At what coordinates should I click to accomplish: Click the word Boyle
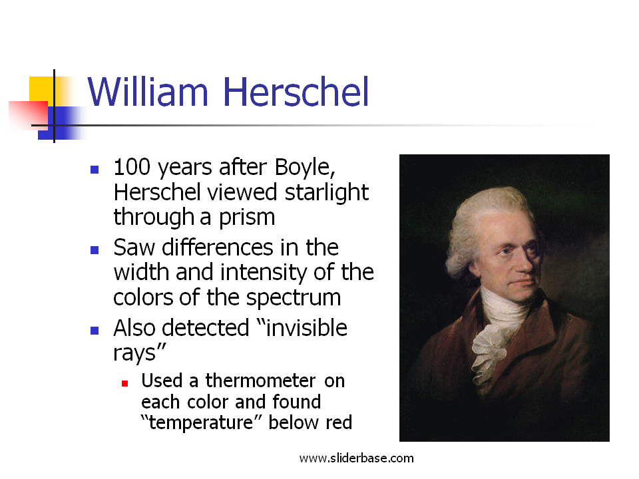305,168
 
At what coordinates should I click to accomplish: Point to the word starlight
326,193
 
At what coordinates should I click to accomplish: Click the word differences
217,247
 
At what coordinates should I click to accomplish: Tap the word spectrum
294,298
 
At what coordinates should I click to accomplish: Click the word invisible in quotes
306,328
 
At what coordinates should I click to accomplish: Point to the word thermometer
260,381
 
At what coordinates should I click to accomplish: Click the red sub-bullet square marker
125,383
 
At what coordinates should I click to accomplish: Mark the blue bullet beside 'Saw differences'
95,250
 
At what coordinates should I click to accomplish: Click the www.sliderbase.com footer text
357,458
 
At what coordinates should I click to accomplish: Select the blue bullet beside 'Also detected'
95,331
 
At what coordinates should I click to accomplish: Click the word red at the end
339,422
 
